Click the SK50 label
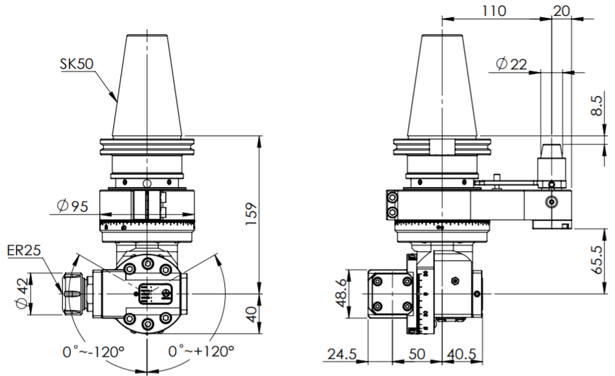[76, 63]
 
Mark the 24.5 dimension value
[341, 355]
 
